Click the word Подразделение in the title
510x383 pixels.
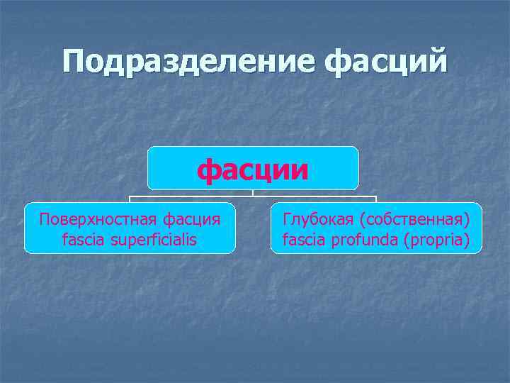pyautogui.click(x=189, y=62)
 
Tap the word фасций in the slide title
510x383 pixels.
pyautogui.click(x=387, y=62)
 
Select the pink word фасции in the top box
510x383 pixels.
pyautogui.click(x=253, y=170)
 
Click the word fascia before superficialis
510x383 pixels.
pyautogui.click(x=83, y=240)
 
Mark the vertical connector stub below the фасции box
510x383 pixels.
pyautogui.click(x=253, y=193)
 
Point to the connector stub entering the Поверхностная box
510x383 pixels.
pyautogui.click(x=130, y=199)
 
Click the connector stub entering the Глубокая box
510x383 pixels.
pyautogui.click(x=376, y=199)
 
